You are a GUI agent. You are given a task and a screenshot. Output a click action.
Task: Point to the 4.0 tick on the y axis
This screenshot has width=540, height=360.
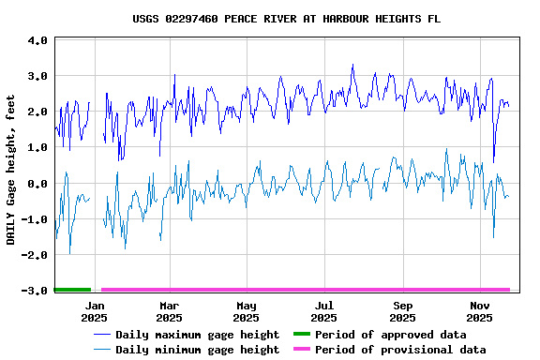(x=37, y=41)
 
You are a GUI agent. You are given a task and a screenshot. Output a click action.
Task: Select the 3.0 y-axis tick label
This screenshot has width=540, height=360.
(x=37, y=76)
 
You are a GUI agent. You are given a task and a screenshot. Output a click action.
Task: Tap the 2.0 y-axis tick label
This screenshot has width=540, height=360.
(x=37, y=112)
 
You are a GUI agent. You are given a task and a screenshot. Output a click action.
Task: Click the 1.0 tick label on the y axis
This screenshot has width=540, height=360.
(x=37, y=147)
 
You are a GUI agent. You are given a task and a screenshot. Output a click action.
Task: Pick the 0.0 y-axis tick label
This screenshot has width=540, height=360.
(x=37, y=184)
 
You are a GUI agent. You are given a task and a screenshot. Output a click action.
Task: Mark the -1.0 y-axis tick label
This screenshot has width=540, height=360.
(x=35, y=219)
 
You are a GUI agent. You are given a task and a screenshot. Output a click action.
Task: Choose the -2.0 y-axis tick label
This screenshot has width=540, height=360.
(x=35, y=255)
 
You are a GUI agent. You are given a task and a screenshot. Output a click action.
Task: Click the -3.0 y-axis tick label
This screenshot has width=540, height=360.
(x=35, y=291)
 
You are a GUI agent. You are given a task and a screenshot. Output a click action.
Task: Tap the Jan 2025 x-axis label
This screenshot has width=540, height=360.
(x=94, y=311)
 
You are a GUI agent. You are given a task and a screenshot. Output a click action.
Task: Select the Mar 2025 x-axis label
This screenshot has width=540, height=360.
(x=169, y=311)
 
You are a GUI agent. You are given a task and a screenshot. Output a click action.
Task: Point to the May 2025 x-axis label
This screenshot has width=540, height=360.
(x=247, y=311)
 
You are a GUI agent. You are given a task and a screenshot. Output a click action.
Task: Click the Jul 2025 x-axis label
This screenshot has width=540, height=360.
(x=323, y=311)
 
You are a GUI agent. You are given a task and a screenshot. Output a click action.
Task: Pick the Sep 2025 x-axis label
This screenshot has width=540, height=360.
(x=402, y=311)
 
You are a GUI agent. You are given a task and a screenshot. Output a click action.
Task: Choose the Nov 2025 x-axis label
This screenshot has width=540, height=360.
(x=479, y=311)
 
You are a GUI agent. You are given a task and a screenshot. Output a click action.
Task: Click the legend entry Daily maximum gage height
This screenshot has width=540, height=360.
(x=197, y=335)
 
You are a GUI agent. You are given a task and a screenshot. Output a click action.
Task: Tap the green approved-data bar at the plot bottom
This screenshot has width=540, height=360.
(x=72, y=290)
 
